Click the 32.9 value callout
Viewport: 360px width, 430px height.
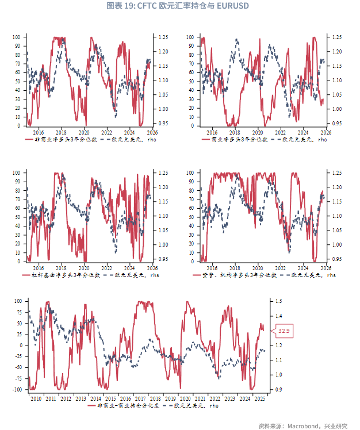coord(284,331)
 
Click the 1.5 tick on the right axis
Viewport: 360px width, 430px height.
coord(279,301)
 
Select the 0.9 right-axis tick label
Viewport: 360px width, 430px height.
coord(279,389)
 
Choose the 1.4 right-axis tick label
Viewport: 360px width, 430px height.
coord(279,316)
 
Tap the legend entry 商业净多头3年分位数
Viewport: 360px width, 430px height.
coord(235,139)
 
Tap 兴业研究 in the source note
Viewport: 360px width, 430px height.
coord(336,425)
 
